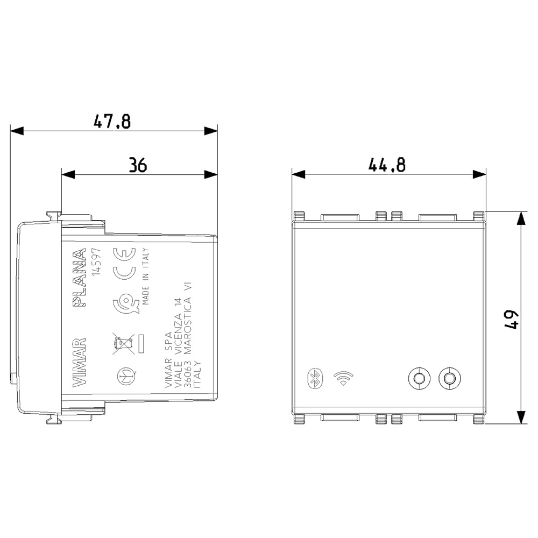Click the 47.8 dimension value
click(112, 122)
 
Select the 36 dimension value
click(138, 165)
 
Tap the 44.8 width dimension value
click(387, 165)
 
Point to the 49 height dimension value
click(512, 320)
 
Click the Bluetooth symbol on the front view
click(315, 379)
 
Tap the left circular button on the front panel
click(419, 378)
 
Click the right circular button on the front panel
click(449, 378)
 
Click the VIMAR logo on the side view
click(79, 362)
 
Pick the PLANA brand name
click(80, 277)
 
